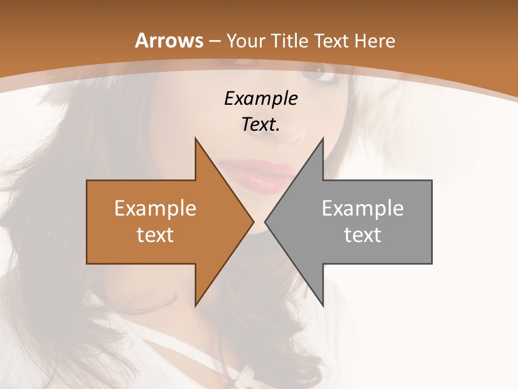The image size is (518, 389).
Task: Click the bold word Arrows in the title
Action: pyautogui.click(x=169, y=41)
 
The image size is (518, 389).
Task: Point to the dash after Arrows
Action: pyautogui.click(x=215, y=41)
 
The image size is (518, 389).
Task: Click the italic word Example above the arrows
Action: pyautogui.click(x=261, y=98)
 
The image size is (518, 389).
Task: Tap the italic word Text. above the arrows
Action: pyautogui.click(x=261, y=125)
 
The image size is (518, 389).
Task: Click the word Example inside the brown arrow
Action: pyautogui.click(x=155, y=209)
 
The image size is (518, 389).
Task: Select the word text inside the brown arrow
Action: pyautogui.click(x=155, y=235)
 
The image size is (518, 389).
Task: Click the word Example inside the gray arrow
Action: pyautogui.click(x=363, y=209)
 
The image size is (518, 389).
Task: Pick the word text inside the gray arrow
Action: pyautogui.click(x=363, y=235)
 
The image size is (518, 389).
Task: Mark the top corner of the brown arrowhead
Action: pyautogui.click(x=195, y=139)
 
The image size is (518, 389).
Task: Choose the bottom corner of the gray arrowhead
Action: pyautogui.click(x=323, y=305)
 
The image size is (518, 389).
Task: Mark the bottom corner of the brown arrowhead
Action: pyautogui.click(x=195, y=305)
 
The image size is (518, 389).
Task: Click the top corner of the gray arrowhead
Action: pyautogui.click(x=323, y=139)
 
